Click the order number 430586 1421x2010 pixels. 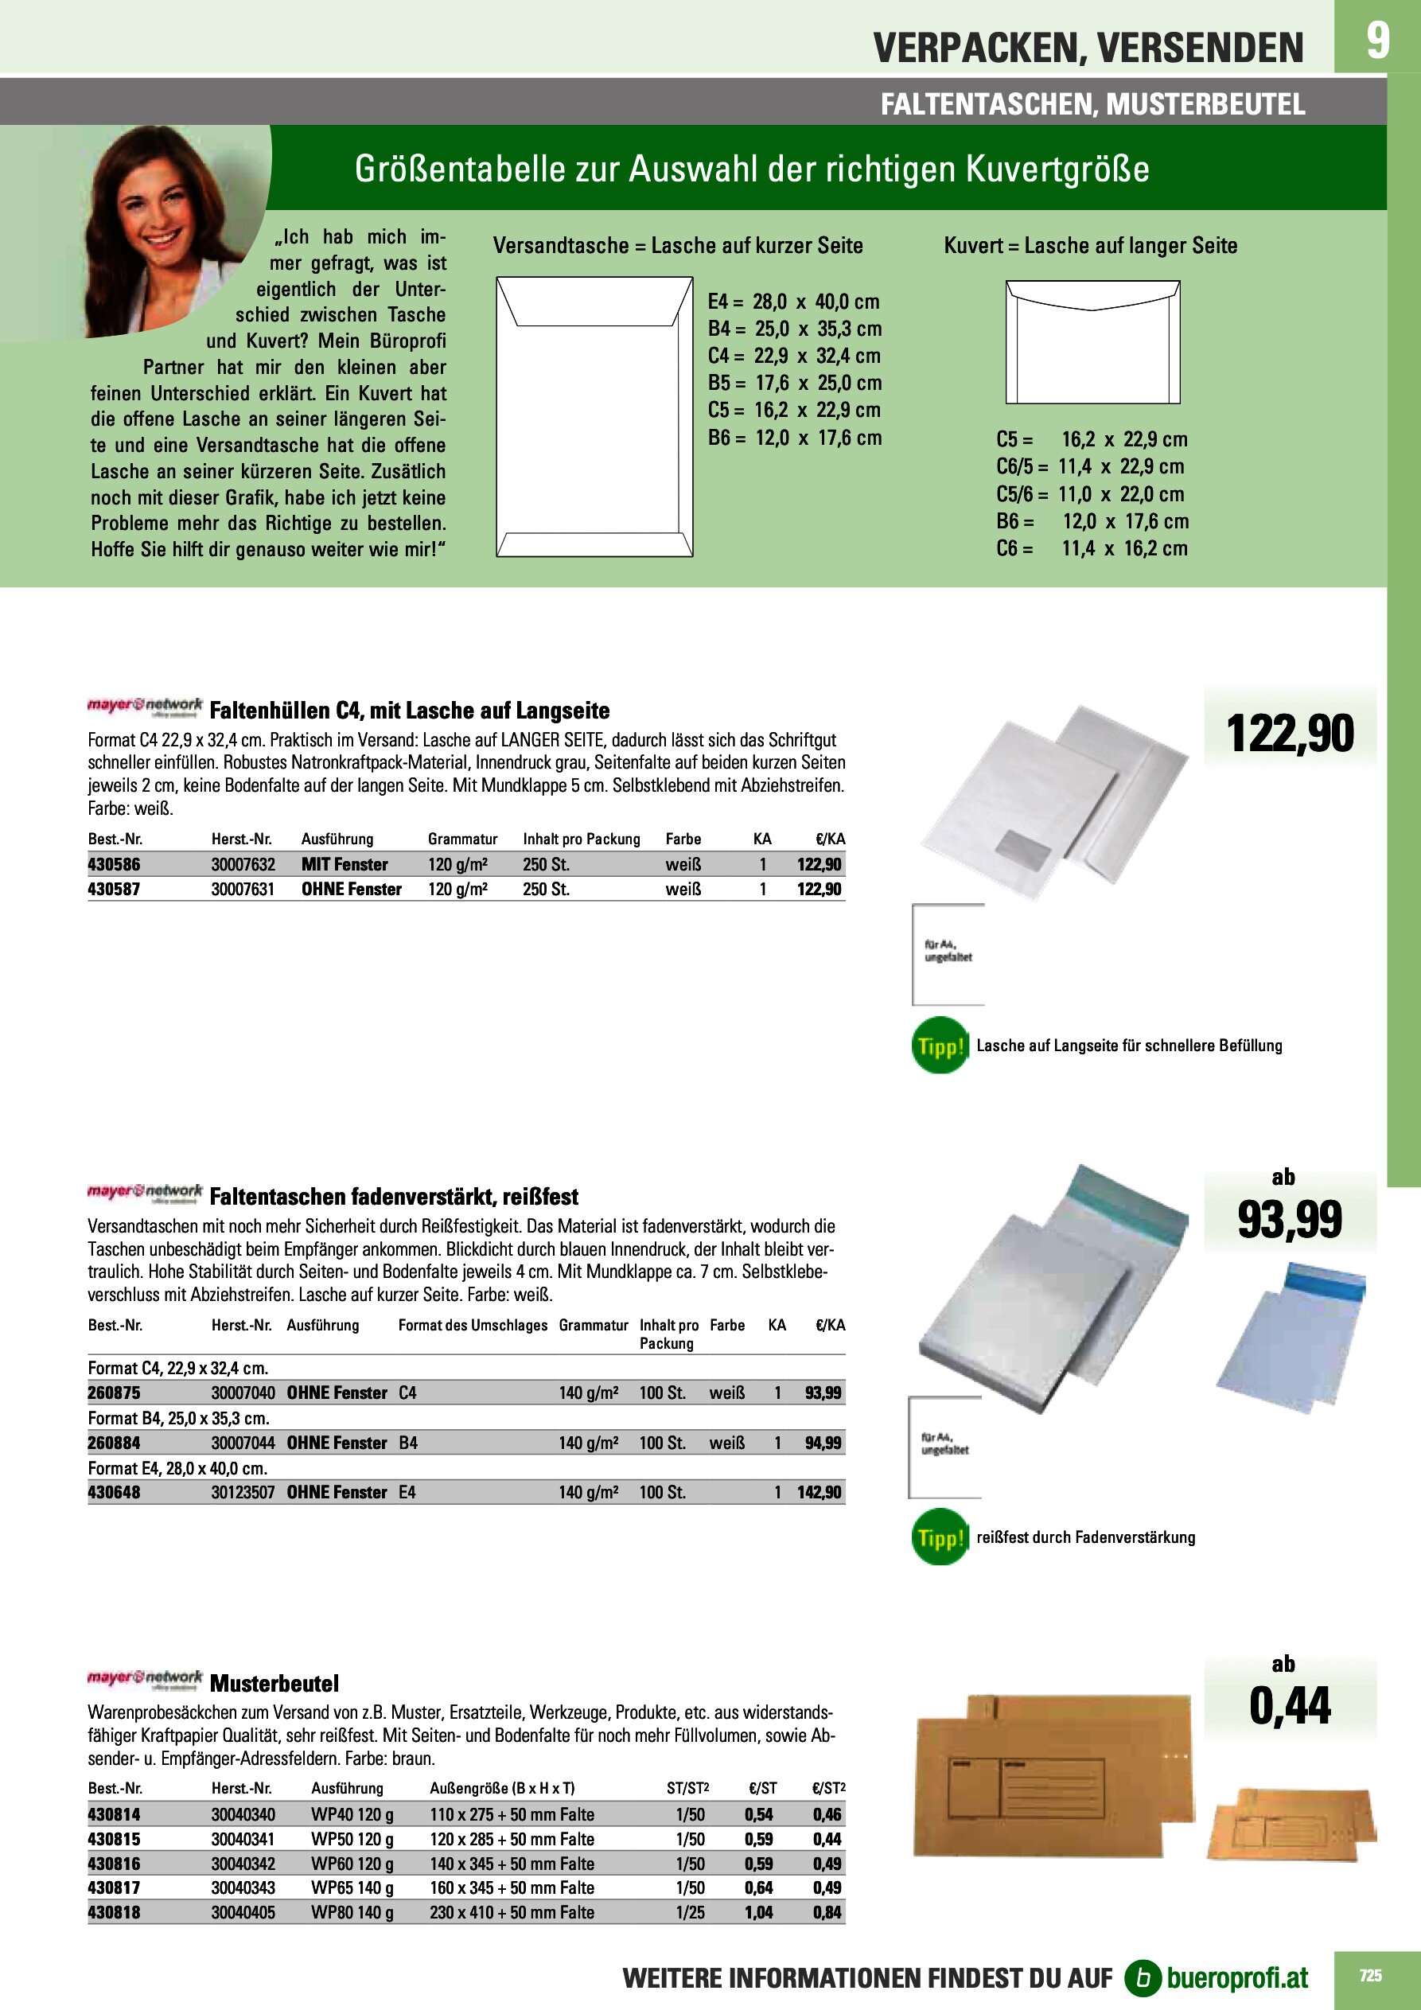click(114, 864)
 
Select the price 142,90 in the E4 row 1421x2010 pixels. click(819, 1492)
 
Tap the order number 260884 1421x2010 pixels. click(114, 1443)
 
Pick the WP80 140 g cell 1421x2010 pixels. click(352, 1913)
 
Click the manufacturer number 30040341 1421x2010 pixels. click(243, 1839)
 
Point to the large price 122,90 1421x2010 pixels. click(1290, 734)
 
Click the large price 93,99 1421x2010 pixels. click(1290, 1220)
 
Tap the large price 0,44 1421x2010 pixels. click(1290, 1706)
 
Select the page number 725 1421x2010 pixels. click(1370, 1975)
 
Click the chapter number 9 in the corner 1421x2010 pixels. click(1377, 41)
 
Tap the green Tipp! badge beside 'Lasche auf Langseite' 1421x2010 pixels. click(940, 1046)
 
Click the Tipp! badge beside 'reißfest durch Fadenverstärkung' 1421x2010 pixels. click(940, 1537)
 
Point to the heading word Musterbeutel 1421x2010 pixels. click(274, 1684)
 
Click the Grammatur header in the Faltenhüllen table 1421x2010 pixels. click(462, 839)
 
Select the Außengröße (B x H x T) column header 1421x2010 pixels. click(502, 1789)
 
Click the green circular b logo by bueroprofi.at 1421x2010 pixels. click(1142, 1977)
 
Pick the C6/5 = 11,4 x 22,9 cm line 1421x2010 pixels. click(1089, 466)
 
